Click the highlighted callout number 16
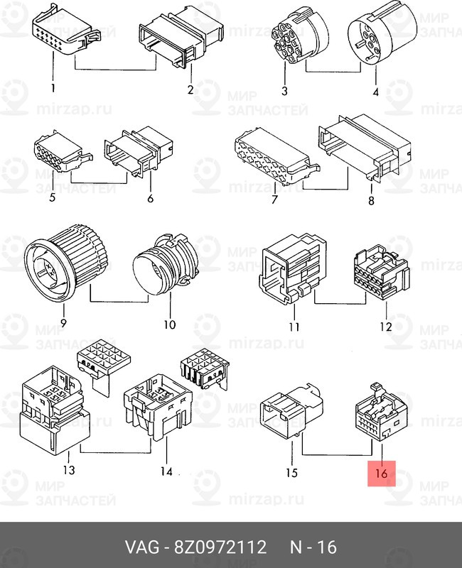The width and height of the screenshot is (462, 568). [382, 473]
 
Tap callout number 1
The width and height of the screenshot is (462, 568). [53, 88]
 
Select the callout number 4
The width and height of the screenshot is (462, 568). [376, 92]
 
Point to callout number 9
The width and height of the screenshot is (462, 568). [63, 322]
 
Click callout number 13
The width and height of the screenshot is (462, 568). [69, 470]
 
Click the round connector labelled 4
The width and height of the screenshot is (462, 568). [381, 34]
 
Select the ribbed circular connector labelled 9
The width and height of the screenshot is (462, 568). [65, 257]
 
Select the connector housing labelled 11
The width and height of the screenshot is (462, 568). [293, 268]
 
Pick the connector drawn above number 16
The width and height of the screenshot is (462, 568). [381, 412]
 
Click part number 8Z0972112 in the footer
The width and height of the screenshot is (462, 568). [220, 547]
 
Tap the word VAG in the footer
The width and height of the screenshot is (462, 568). [141, 547]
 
